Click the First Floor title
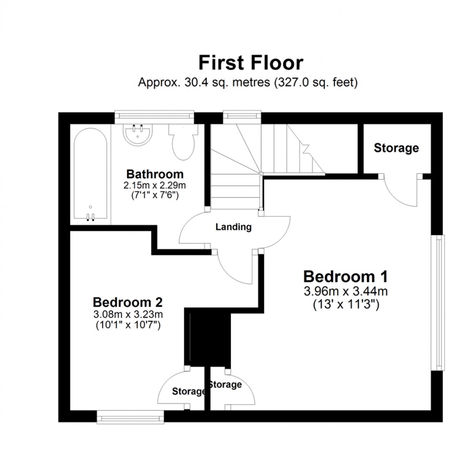tap(251, 63)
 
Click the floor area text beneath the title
tap(248, 82)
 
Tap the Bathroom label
tap(154, 174)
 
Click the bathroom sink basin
tap(138, 134)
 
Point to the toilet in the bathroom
tap(183, 141)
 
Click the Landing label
tap(233, 227)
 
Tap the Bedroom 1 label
tap(345, 277)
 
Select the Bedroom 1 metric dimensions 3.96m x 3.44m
tap(345, 291)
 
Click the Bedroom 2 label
tap(128, 302)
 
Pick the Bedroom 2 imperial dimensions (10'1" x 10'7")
tap(128, 325)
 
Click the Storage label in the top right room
tap(396, 148)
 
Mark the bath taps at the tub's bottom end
tap(90, 217)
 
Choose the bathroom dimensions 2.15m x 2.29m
tap(154, 185)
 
